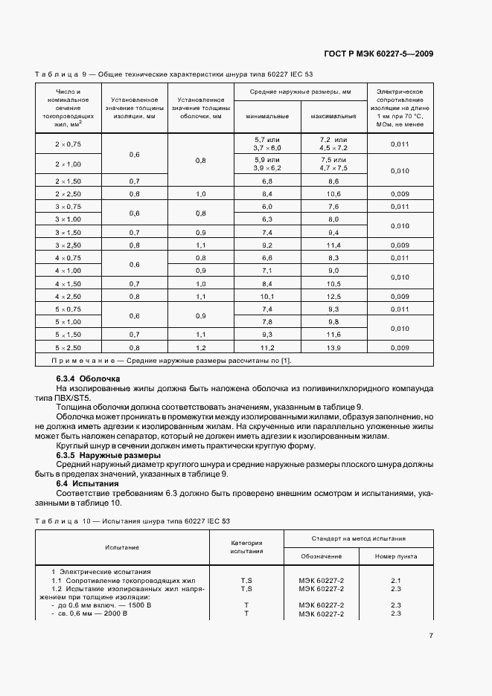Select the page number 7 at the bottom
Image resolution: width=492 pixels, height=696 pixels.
click(431, 635)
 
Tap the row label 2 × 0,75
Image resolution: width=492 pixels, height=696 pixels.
click(68, 144)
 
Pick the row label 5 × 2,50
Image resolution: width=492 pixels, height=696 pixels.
click(68, 347)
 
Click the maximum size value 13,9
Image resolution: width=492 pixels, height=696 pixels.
click(333, 347)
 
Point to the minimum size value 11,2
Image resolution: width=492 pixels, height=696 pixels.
click(266, 347)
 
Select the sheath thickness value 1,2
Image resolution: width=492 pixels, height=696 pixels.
click(201, 347)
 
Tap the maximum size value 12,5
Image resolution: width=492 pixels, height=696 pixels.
click(333, 296)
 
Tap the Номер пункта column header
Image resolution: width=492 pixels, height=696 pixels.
click(395, 555)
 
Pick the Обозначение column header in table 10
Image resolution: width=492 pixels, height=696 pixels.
click(322, 555)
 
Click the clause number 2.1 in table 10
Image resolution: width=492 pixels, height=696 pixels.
click(395, 580)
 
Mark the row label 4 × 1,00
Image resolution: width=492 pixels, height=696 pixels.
click(68, 271)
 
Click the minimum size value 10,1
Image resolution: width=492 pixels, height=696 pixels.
click(266, 296)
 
